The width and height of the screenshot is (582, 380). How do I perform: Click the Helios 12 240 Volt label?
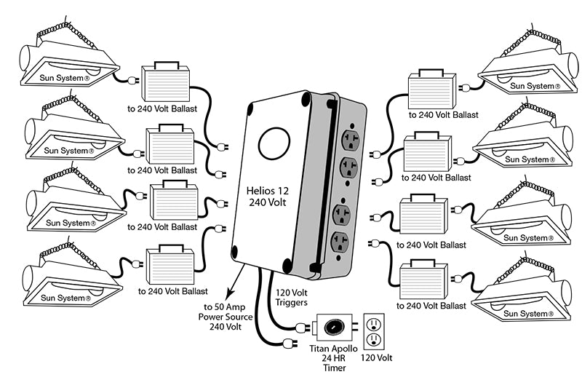click(267, 197)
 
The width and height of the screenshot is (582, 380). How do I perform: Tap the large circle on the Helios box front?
click(274, 143)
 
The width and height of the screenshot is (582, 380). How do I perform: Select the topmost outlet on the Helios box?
click(350, 140)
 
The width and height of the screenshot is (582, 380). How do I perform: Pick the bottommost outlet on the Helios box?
click(340, 242)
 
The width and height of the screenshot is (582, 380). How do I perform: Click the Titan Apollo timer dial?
click(334, 328)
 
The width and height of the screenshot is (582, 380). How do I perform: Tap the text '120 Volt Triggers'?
click(292, 298)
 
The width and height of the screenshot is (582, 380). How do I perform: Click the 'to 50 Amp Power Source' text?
click(226, 317)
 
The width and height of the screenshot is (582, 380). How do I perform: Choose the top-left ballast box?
click(166, 83)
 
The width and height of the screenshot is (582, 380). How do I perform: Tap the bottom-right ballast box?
click(423, 280)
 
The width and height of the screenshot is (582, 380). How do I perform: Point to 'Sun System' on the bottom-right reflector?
click(528, 314)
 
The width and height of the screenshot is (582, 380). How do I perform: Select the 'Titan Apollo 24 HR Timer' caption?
click(333, 358)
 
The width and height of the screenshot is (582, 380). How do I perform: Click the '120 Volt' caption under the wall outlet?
click(376, 357)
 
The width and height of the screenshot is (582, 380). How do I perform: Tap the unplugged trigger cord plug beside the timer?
click(290, 344)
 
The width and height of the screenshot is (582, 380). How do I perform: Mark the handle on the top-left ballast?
click(166, 65)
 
